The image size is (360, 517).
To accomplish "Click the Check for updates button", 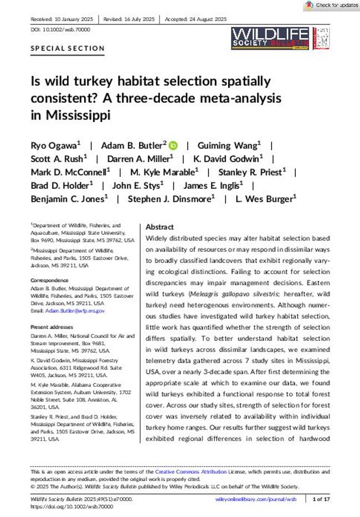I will (x=332, y=6).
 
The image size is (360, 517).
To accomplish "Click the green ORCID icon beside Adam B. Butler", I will (x=173, y=146).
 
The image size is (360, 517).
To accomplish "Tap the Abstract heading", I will (x=160, y=228).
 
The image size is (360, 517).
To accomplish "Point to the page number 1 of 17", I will (x=322, y=500).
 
